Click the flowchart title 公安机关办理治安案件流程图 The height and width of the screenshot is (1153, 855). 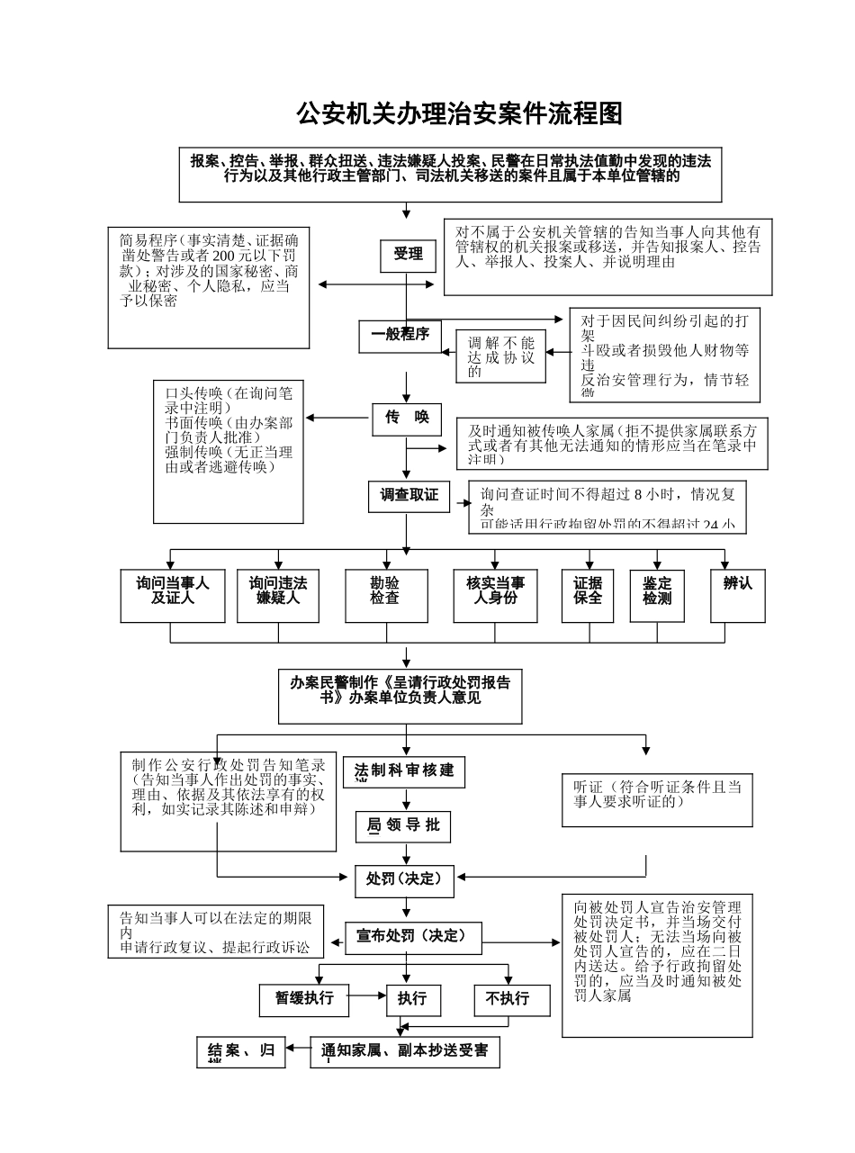click(460, 114)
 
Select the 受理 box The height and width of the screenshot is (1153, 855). click(408, 256)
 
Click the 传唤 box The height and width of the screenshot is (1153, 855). click(407, 419)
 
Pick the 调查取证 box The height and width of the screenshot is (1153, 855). click(409, 496)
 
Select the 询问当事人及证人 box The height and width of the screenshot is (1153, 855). click(173, 595)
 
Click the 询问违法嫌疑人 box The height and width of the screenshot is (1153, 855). click(277, 595)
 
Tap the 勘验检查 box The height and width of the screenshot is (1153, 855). click(386, 595)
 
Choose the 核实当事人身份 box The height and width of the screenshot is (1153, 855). click(495, 595)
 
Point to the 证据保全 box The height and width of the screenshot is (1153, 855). click(588, 595)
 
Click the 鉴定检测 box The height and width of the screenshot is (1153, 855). click(657, 595)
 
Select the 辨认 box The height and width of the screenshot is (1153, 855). click(738, 595)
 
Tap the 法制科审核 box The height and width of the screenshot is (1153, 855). click(404, 772)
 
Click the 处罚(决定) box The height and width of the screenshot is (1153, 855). click(403, 879)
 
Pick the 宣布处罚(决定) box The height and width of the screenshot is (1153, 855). click(413, 937)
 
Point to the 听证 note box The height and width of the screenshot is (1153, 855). click(657, 798)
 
